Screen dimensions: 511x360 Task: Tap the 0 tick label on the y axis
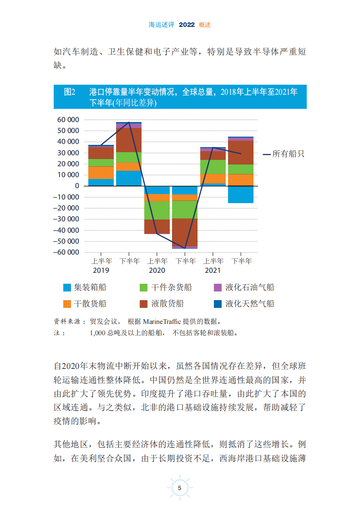tap(77, 186)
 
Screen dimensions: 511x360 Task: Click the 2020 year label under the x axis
tap(157, 271)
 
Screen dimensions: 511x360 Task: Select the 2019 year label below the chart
tap(101, 271)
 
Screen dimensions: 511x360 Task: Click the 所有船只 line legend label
tap(288, 154)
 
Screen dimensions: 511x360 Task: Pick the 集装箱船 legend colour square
tap(67, 287)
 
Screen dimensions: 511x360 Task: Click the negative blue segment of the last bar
tap(241, 194)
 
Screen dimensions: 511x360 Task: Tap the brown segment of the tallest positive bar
tap(129, 140)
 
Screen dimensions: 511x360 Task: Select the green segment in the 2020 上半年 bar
tap(157, 210)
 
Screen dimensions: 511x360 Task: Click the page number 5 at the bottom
tap(180, 488)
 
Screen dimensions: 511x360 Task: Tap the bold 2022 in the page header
tap(187, 25)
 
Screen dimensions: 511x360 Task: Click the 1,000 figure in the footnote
tap(98, 333)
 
